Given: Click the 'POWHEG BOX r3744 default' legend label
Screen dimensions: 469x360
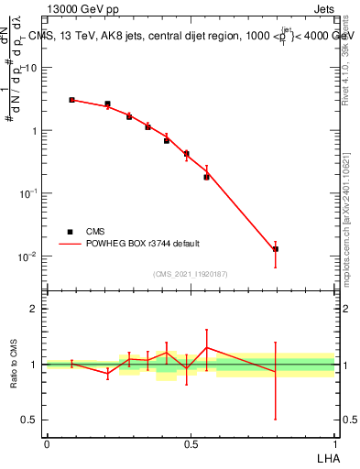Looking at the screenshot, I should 148,244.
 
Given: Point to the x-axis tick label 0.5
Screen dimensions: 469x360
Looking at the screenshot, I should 191,443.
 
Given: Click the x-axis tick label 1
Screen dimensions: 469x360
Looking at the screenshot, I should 334,443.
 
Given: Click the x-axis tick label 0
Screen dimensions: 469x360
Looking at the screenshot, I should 47,443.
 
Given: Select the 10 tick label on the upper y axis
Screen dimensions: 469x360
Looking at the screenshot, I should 32,68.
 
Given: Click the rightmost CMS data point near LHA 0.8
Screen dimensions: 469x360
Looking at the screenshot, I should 275,249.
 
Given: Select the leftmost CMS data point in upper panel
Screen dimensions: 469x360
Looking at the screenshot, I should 71,100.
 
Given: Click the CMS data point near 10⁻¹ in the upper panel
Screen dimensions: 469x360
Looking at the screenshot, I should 206,177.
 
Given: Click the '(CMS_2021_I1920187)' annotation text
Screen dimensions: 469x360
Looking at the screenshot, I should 191,274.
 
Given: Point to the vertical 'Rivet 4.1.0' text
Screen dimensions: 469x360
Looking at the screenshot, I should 345,78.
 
